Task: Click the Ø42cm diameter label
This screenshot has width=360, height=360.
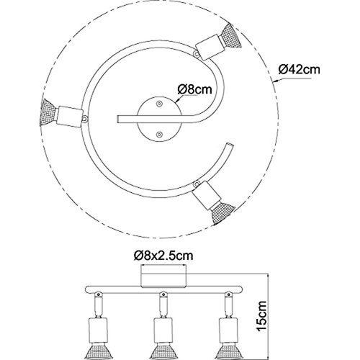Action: [x=297, y=70]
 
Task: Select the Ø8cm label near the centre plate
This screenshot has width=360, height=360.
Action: [x=195, y=89]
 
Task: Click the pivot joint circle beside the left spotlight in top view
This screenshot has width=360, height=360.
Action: [x=85, y=115]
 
